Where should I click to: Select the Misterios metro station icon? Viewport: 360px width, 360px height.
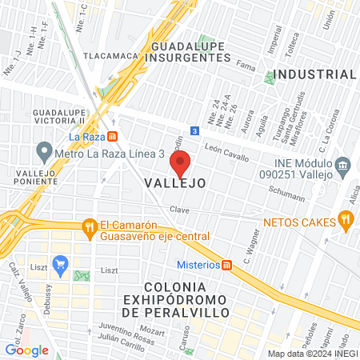(x=227, y=265)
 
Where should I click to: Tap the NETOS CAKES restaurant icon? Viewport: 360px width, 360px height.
(x=346, y=218)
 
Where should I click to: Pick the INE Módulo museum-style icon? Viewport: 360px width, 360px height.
(x=343, y=166)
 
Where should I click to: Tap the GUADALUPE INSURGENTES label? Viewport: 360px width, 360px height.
(x=190, y=52)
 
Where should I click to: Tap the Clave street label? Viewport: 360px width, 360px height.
(x=178, y=210)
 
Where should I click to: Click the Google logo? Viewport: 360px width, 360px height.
(x=26, y=350)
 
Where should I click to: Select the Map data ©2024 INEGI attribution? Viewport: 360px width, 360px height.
(x=311, y=354)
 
